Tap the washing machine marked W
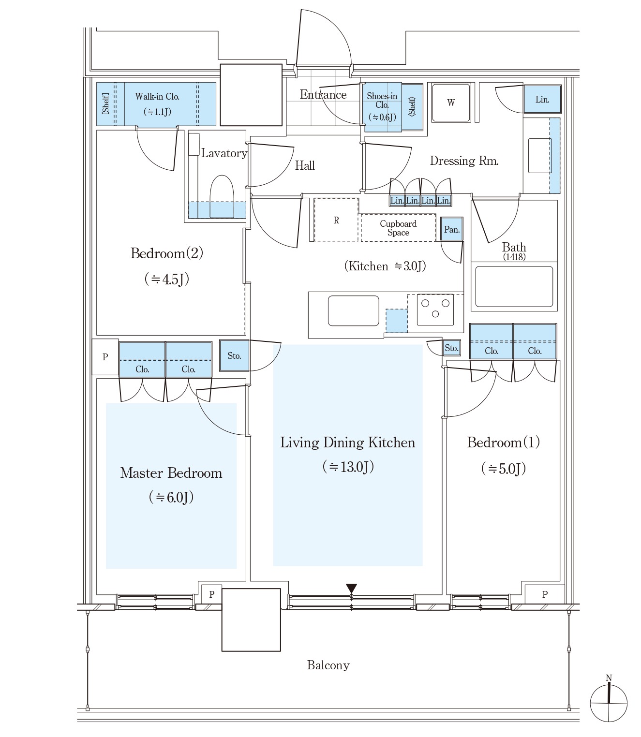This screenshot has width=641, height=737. (x=451, y=103)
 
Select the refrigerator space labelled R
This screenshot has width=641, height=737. (x=336, y=220)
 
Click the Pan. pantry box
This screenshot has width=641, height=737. (x=452, y=229)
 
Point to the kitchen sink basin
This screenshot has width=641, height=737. (x=353, y=310)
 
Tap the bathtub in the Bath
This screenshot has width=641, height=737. (x=514, y=286)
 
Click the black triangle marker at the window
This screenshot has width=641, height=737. (x=351, y=588)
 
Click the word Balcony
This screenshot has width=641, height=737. (x=328, y=665)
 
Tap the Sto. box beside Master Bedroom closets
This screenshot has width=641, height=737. (x=234, y=355)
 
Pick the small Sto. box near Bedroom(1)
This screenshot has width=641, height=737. (x=451, y=348)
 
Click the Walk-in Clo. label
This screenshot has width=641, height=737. (x=157, y=97)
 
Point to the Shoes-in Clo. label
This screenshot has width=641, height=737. (x=382, y=101)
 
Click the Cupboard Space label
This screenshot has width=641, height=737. (x=398, y=228)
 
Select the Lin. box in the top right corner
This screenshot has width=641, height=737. (x=542, y=99)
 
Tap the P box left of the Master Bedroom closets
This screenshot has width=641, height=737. (x=105, y=357)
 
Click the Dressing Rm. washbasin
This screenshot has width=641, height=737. (x=540, y=155)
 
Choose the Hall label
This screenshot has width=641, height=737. (x=305, y=166)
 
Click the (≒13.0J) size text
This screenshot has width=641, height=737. (x=348, y=467)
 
